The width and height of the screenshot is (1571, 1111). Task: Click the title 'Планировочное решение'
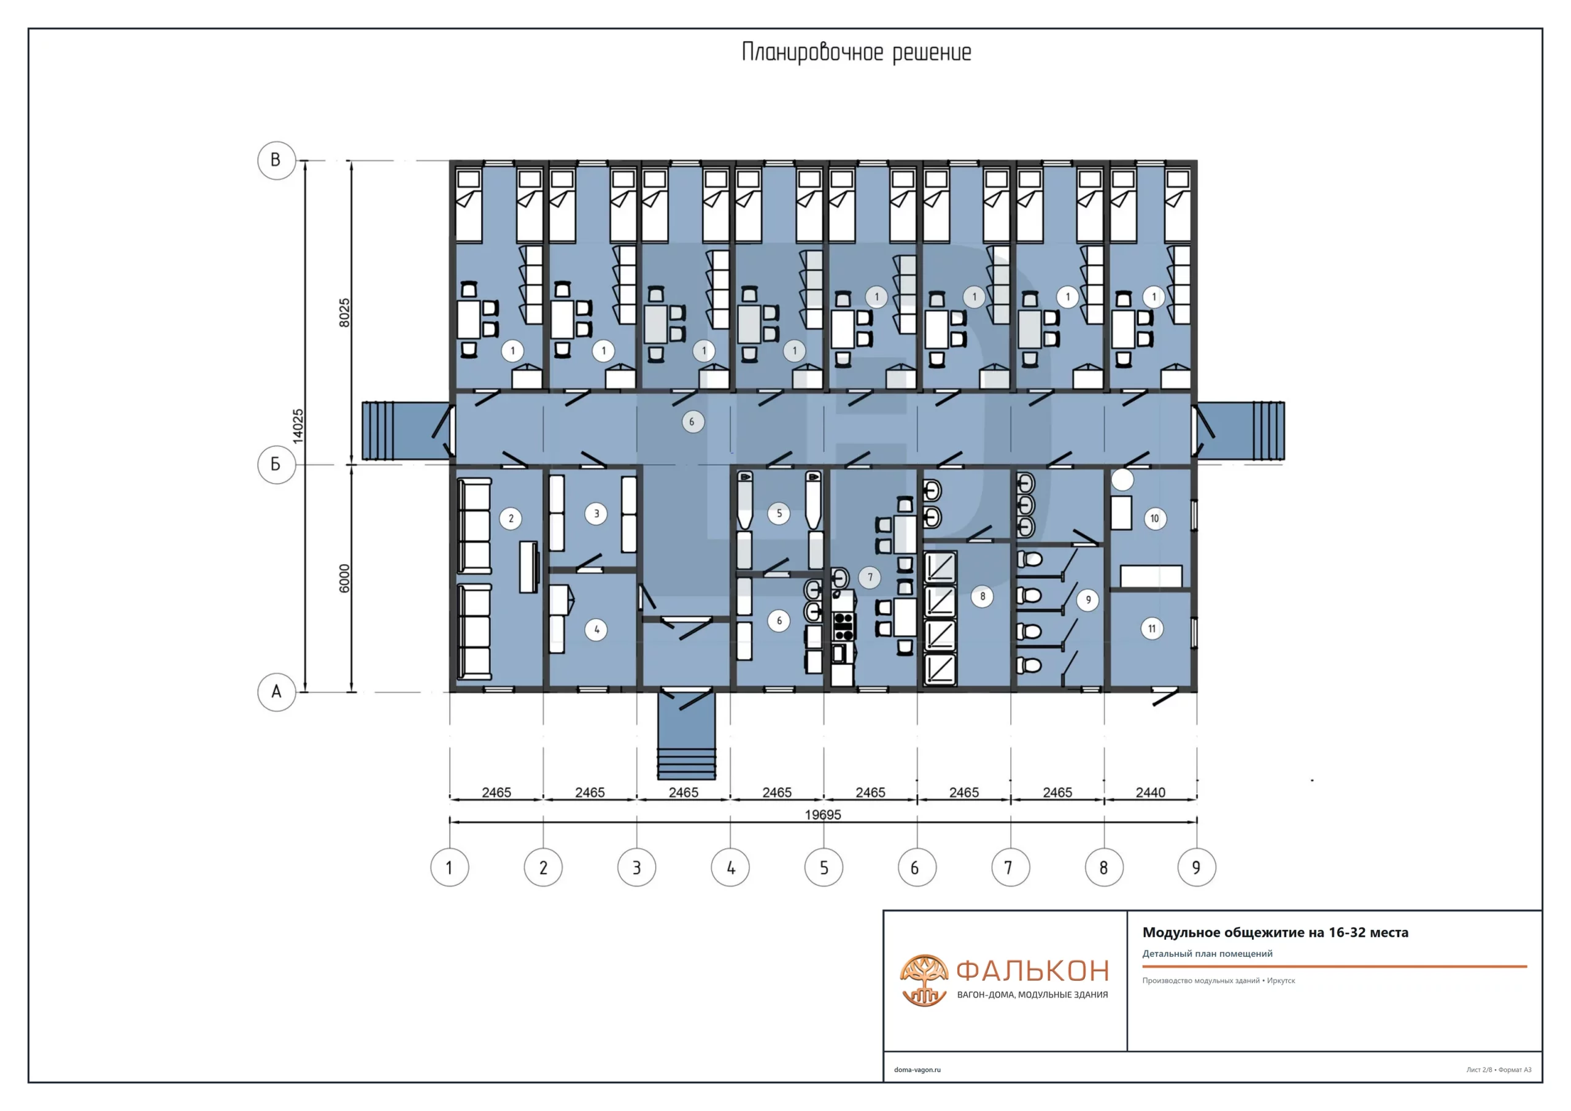pyautogui.click(x=857, y=53)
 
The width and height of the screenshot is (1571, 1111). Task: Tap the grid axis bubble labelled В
pyautogui.click(x=276, y=160)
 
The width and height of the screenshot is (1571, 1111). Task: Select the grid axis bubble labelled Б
pyautogui.click(x=276, y=465)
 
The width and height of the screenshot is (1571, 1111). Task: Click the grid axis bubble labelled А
pyautogui.click(x=276, y=692)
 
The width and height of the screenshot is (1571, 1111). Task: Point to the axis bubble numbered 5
pyautogui.click(x=824, y=868)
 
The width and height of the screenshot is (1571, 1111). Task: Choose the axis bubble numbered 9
pyautogui.click(x=1197, y=868)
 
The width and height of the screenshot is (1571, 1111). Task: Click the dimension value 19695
pyautogui.click(x=823, y=815)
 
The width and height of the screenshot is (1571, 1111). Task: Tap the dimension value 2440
pyautogui.click(x=1151, y=792)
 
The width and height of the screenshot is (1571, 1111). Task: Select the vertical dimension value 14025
pyautogui.click(x=298, y=427)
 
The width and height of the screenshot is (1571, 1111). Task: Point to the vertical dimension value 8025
pyautogui.click(x=344, y=313)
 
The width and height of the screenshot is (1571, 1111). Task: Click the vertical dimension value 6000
pyautogui.click(x=344, y=578)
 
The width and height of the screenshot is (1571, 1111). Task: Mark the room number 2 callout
pyautogui.click(x=511, y=518)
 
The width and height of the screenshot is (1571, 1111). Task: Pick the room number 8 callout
pyautogui.click(x=982, y=596)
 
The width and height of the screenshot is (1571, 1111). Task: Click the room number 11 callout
pyautogui.click(x=1152, y=629)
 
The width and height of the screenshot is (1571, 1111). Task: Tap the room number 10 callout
pyautogui.click(x=1155, y=518)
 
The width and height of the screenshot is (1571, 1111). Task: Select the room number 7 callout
pyautogui.click(x=870, y=577)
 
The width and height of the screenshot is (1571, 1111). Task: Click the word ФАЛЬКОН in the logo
pyautogui.click(x=1033, y=970)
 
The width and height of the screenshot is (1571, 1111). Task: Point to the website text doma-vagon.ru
pyautogui.click(x=917, y=1070)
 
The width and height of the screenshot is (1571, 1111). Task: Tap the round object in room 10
pyautogui.click(x=1122, y=480)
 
